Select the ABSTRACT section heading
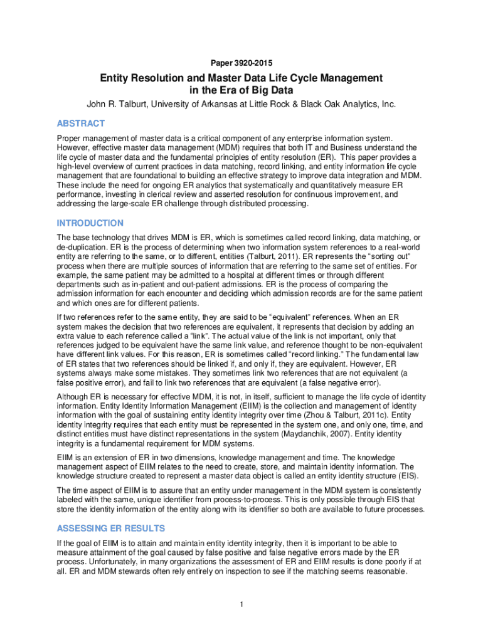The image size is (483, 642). tap(81, 124)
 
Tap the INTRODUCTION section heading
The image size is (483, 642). tap(90, 223)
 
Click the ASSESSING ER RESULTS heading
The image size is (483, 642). tap(110, 528)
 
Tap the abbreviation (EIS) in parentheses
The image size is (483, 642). tap(403, 476)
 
